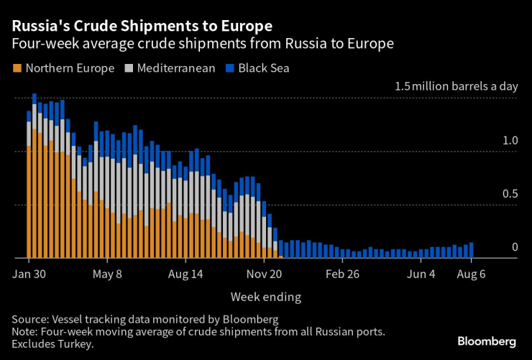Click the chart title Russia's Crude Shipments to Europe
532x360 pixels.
(x=141, y=26)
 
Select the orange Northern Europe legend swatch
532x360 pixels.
(x=17, y=69)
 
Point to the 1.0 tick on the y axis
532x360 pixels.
(x=510, y=141)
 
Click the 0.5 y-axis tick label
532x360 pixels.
(x=510, y=194)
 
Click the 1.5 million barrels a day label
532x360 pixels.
(x=456, y=86)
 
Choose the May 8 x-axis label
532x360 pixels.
(x=109, y=274)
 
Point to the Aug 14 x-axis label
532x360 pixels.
(x=186, y=274)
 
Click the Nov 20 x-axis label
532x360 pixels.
(x=265, y=274)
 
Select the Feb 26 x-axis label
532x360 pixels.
(x=342, y=274)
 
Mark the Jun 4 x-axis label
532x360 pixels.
(x=421, y=274)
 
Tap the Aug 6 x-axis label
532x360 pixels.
(x=472, y=274)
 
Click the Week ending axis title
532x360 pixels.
(x=266, y=296)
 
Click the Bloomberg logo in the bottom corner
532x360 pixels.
(x=487, y=340)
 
